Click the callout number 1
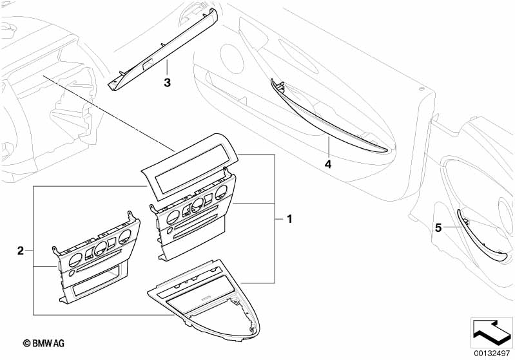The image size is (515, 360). click(289, 220)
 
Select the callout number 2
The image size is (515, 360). click(20, 251)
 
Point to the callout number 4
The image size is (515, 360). click(327, 164)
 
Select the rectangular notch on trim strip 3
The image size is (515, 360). click(146, 64)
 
